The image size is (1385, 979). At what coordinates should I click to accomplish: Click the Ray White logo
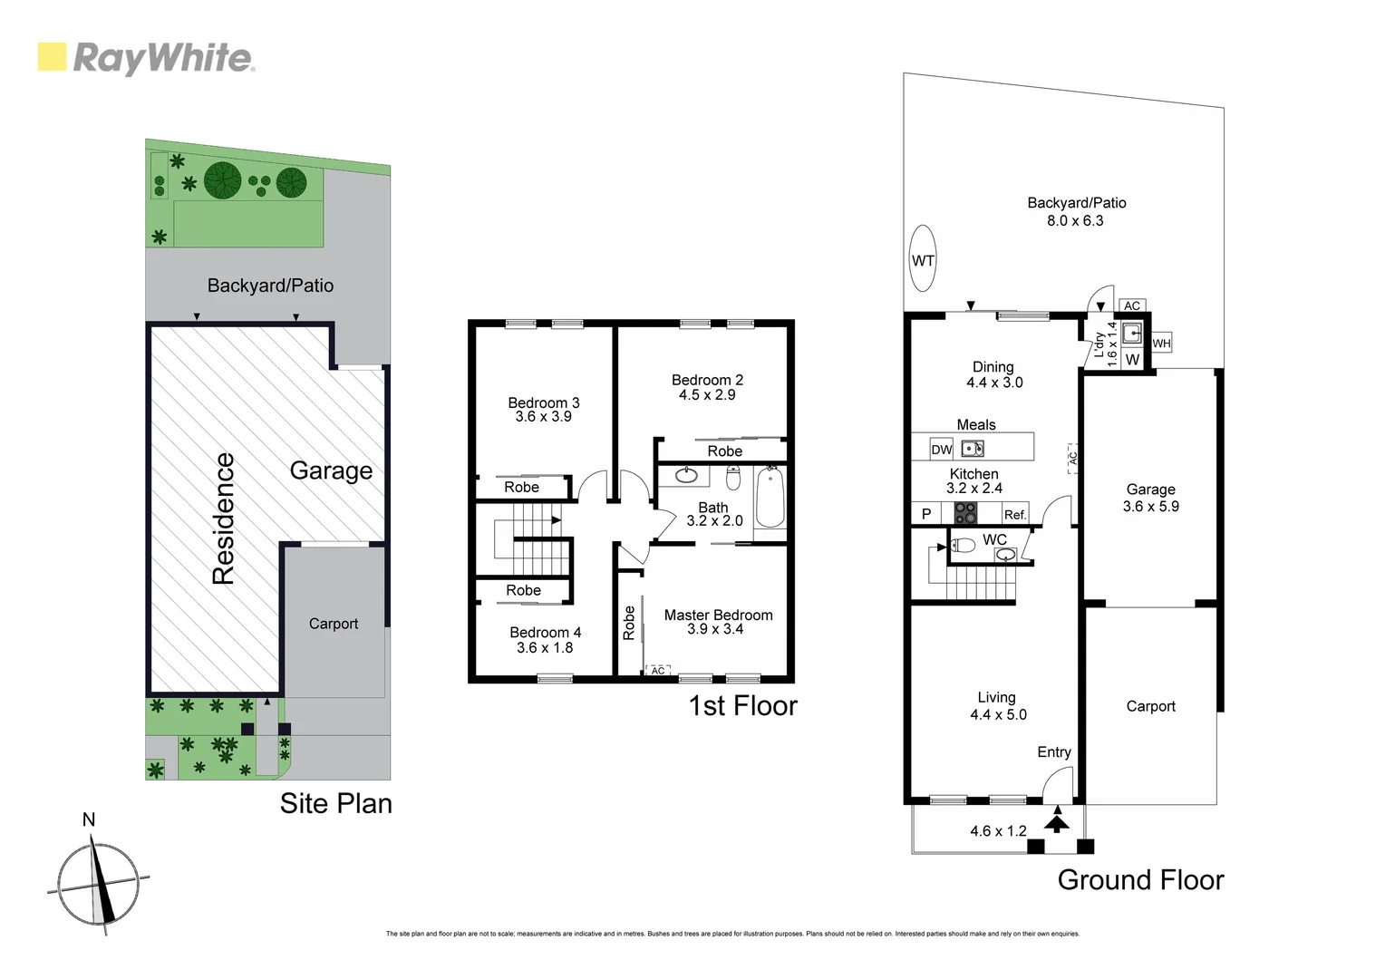pyautogui.click(x=146, y=58)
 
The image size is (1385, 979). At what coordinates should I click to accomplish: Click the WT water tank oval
pyautogui.click(x=923, y=259)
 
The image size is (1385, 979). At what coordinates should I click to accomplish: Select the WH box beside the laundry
pyautogui.click(x=1161, y=344)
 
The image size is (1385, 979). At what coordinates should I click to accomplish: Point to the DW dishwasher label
pyautogui.click(x=942, y=449)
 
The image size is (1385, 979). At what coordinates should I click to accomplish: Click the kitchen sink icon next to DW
pyautogui.click(x=972, y=448)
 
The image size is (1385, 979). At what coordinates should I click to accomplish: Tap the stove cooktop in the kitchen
pyautogui.click(x=965, y=513)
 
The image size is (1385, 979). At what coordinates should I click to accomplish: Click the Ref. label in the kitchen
pyautogui.click(x=1014, y=514)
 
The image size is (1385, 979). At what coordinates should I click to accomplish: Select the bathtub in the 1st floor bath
pyautogui.click(x=770, y=497)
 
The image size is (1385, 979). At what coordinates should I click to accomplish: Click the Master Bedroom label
pyautogui.click(x=718, y=615)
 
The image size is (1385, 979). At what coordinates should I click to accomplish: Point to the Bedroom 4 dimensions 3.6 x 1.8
pyautogui.click(x=545, y=647)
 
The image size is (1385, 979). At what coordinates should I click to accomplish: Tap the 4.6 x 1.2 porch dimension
pyautogui.click(x=998, y=830)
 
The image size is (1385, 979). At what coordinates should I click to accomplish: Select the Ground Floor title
pyautogui.click(x=1140, y=879)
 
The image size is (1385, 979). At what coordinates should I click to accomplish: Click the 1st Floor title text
pyautogui.click(x=742, y=705)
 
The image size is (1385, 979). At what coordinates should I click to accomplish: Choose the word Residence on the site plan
pyautogui.click(x=224, y=519)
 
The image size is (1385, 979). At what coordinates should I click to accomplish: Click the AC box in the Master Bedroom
pyautogui.click(x=658, y=670)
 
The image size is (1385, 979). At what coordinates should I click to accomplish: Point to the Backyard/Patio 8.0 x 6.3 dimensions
pyautogui.click(x=1075, y=220)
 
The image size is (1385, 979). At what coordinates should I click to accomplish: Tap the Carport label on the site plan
pyautogui.click(x=333, y=624)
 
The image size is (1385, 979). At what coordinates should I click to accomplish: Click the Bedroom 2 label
pyautogui.click(x=707, y=380)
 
